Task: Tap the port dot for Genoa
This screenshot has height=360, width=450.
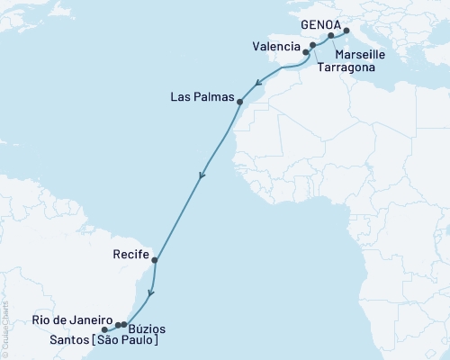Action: (x=346, y=30)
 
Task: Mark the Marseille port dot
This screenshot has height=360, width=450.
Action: (x=330, y=36)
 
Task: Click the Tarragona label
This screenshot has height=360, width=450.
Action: (x=346, y=67)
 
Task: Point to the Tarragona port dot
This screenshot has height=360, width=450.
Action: (x=312, y=45)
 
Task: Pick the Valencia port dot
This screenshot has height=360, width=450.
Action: (x=304, y=52)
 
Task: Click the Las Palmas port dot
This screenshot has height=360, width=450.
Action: (x=239, y=102)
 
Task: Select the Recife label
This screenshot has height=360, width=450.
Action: (x=131, y=255)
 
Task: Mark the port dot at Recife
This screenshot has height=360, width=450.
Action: (x=156, y=261)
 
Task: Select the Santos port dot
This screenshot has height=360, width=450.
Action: (x=105, y=328)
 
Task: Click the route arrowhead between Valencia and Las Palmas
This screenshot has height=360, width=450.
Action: (x=258, y=84)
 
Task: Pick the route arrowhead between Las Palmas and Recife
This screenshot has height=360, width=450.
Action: (x=202, y=175)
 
